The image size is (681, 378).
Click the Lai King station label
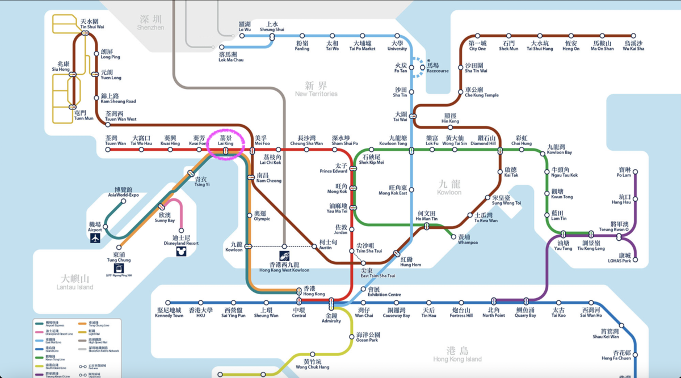[x=225, y=141]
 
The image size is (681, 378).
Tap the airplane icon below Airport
[x=95, y=239]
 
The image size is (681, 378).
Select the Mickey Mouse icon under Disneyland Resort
[x=181, y=252]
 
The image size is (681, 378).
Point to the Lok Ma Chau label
[x=231, y=57]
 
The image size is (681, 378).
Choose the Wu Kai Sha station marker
[x=633, y=36]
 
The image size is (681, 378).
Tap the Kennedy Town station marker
[x=168, y=303]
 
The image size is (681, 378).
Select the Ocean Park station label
[x=367, y=337]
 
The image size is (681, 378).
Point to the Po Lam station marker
[x=636, y=170]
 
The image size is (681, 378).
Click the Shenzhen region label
[x=150, y=23]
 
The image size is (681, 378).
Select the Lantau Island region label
[x=75, y=283]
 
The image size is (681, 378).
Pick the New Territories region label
[x=316, y=90]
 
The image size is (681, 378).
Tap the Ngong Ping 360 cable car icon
[x=119, y=269]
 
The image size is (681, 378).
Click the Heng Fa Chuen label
[x=616, y=355]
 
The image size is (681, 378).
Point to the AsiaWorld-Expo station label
[x=123, y=192]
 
